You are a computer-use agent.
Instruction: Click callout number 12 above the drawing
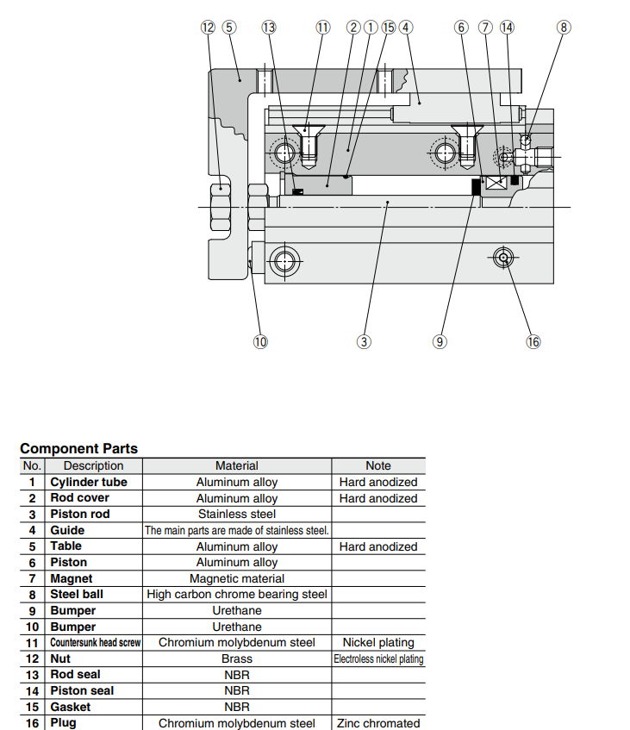[208, 27]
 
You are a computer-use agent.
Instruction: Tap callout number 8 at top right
[565, 27]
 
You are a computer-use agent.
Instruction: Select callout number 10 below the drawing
[260, 341]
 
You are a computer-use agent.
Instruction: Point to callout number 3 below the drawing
[364, 341]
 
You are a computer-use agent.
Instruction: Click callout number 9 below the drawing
[440, 341]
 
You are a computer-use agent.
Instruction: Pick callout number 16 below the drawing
[533, 341]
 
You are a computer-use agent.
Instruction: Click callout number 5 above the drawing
[228, 27]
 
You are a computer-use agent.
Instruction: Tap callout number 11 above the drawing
[322, 27]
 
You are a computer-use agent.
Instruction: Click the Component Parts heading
[78, 448]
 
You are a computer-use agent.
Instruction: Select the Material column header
[237, 465]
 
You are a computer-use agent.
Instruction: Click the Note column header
[377, 465]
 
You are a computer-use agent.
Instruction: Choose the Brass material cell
[237, 658]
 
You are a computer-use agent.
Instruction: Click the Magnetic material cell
[237, 578]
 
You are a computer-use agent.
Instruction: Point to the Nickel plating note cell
[377, 642]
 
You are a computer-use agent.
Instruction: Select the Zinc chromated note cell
[377, 723]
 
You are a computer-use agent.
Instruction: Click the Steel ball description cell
[77, 595]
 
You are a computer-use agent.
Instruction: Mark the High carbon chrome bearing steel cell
[237, 595]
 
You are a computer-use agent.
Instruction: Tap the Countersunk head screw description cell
[95, 643]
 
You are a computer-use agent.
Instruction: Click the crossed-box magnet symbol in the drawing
[495, 184]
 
